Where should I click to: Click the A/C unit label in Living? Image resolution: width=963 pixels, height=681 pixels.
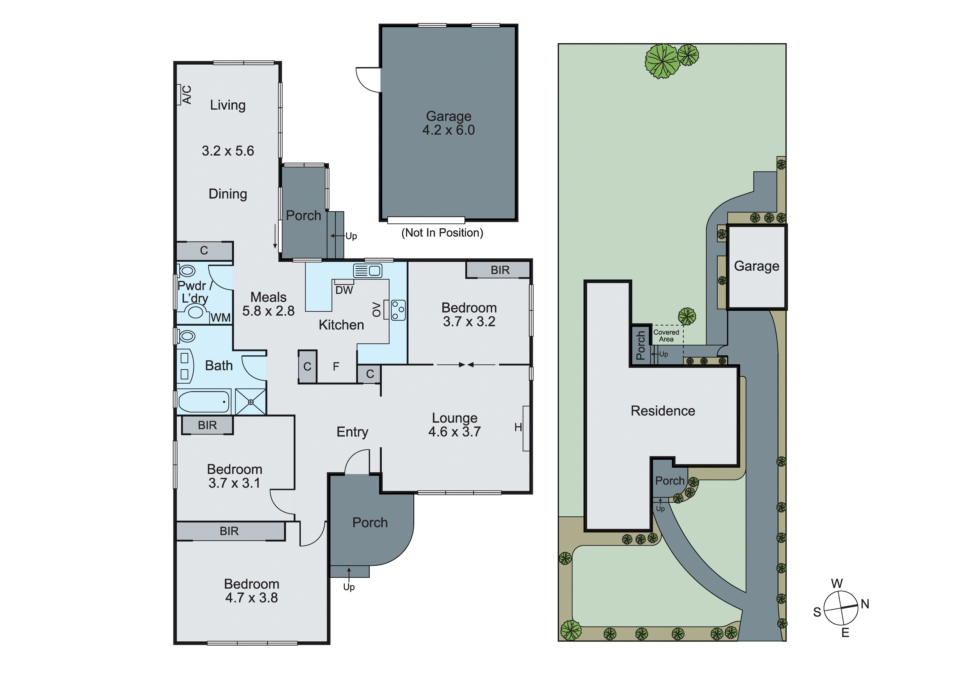click(x=187, y=95)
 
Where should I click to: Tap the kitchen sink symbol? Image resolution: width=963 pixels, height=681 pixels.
click(x=367, y=271)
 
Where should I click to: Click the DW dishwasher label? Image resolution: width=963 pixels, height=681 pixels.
click(x=344, y=290)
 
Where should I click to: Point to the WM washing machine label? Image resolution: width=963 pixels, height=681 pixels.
click(x=220, y=318)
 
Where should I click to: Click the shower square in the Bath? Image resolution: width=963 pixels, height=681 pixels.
click(x=250, y=402)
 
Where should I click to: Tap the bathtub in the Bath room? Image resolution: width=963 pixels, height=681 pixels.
click(x=204, y=402)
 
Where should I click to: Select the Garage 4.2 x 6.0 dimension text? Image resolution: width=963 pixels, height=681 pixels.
click(x=448, y=130)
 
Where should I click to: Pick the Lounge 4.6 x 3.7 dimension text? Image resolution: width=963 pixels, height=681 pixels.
click(x=454, y=432)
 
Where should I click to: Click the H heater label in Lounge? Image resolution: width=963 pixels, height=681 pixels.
click(x=518, y=427)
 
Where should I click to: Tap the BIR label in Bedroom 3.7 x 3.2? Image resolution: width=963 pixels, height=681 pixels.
click(x=500, y=270)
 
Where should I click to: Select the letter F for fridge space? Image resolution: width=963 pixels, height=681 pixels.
click(x=336, y=367)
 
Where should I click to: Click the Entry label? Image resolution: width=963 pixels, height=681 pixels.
click(x=352, y=432)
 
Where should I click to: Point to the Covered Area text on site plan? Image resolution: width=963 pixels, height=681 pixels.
click(x=666, y=336)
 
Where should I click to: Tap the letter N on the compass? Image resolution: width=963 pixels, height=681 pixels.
click(x=865, y=604)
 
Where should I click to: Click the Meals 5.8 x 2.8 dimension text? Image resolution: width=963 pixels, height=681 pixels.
click(x=269, y=311)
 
